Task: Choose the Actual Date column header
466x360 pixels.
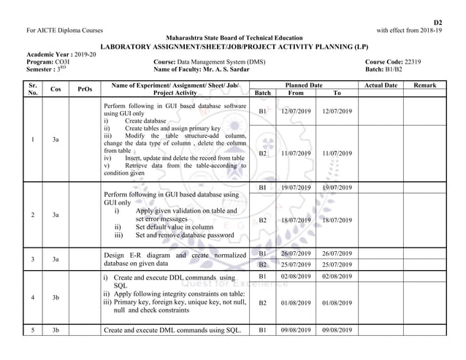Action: (x=380, y=85)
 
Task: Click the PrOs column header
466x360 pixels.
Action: (x=85, y=89)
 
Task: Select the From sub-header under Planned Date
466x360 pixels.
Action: (x=296, y=93)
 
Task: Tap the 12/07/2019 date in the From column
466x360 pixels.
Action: (x=296, y=111)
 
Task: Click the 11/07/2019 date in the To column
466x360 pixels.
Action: (x=336, y=154)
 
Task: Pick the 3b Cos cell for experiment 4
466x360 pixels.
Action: (x=56, y=297)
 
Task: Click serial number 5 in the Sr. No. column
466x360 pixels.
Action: (x=33, y=330)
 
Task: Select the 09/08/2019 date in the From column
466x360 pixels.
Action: (x=296, y=330)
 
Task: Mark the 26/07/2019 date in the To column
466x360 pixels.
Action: (x=336, y=253)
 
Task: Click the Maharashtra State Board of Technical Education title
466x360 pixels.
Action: (x=234, y=37)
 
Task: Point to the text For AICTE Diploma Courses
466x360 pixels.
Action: (x=64, y=30)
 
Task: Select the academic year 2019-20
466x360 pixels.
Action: (x=82, y=55)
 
